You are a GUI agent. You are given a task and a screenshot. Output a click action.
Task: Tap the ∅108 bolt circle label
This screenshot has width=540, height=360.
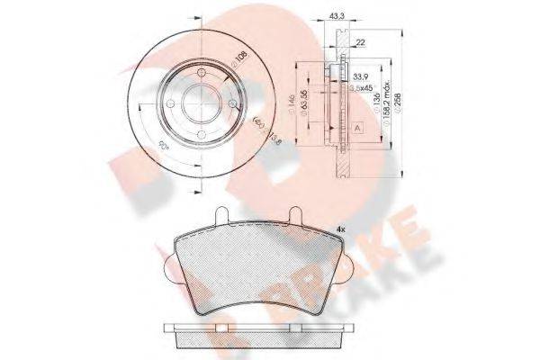point(238,61)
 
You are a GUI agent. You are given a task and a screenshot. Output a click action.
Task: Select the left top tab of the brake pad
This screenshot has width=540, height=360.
point(220,216)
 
